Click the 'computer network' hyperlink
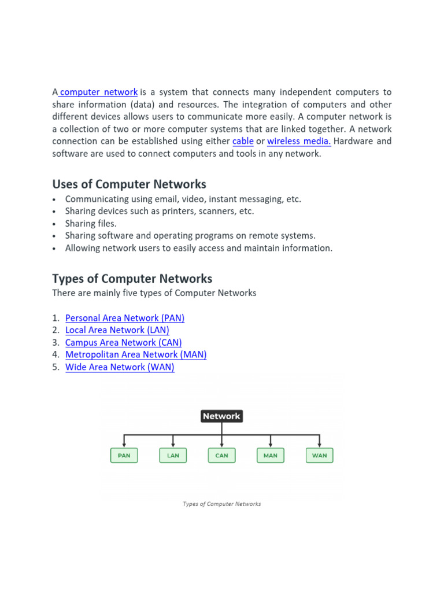[99, 92]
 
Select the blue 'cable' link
[243, 141]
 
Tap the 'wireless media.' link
[299, 141]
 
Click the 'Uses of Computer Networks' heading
[129, 184]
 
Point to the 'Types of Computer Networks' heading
[132, 279]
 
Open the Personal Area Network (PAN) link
[125, 318]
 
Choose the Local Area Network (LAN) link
[117, 330]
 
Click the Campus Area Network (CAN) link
[124, 342]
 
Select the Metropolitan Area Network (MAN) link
[136, 354]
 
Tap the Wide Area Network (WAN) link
[120, 367]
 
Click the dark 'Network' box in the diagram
[221, 416]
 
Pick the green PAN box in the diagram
[124, 456]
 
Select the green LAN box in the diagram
[173, 456]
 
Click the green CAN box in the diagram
[221, 456]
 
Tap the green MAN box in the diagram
[271, 456]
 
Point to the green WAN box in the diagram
[319, 456]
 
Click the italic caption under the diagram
[221, 504]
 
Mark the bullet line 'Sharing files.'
[91, 223]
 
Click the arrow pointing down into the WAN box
[319, 443]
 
